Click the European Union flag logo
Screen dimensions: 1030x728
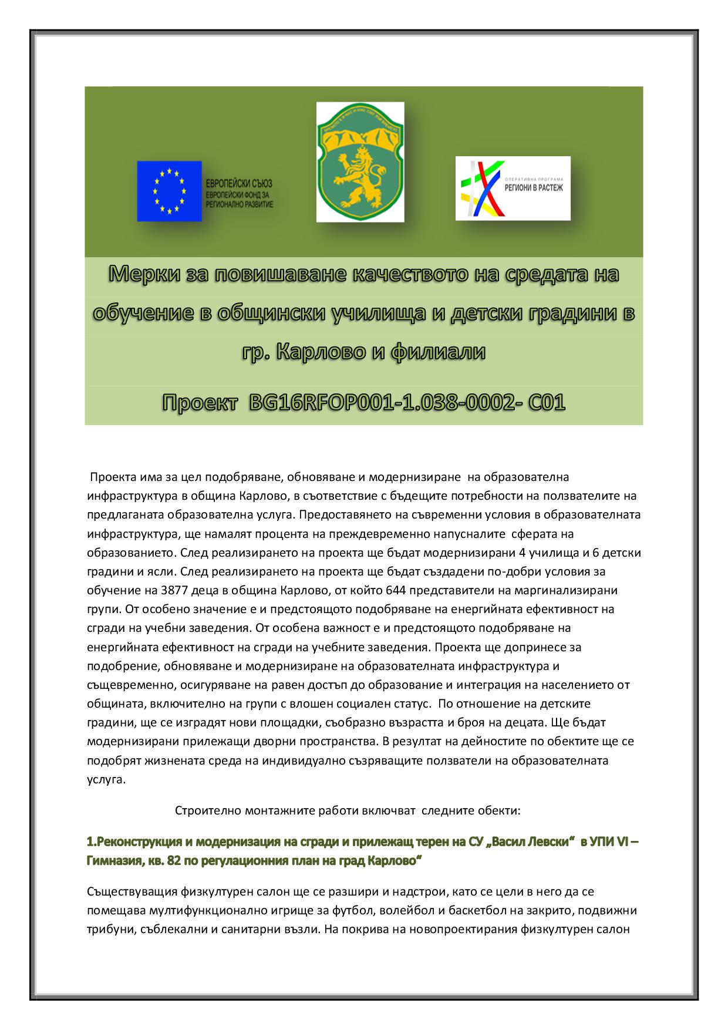[169, 191]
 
